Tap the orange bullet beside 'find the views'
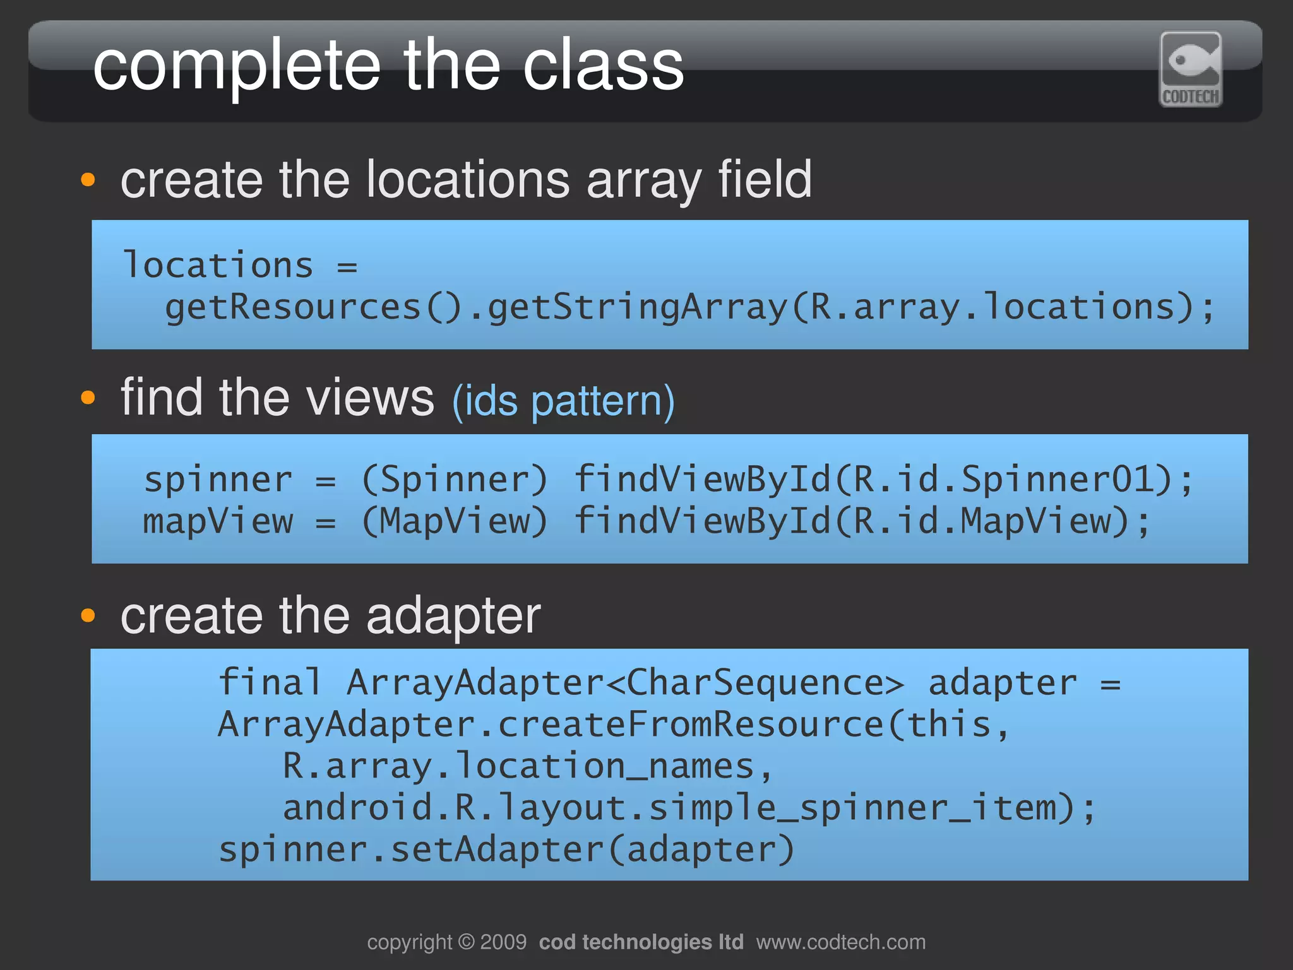point(88,398)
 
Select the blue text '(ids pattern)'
point(563,401)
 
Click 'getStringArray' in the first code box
point(638,307)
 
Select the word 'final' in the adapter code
point(270,682)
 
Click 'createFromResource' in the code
point(691,724)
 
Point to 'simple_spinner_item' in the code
point(852,808)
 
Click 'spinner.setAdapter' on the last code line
point(410,849)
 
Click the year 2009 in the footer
point(503,942)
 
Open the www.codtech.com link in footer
point(840,942)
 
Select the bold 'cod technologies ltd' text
point(641,942)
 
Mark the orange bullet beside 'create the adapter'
point(88,615)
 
